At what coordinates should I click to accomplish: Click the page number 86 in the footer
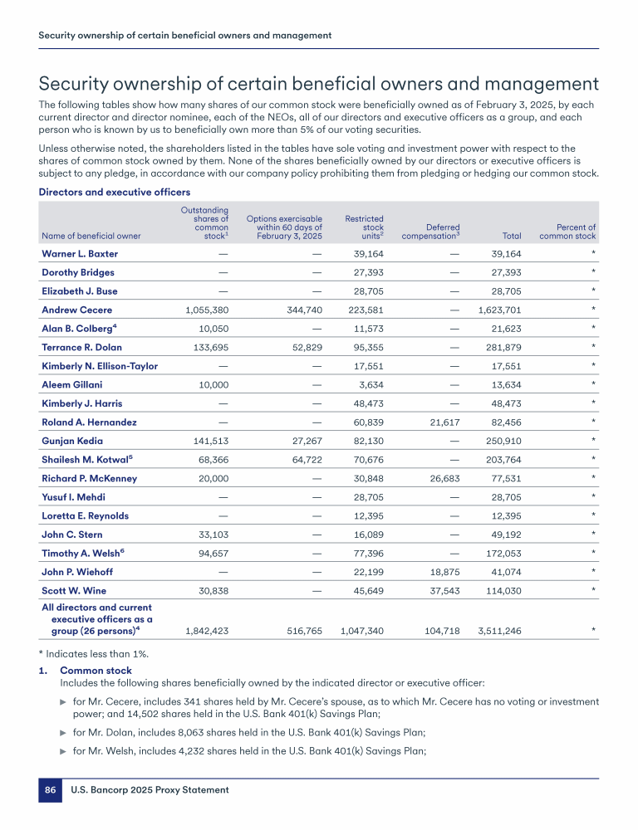click(51, 790)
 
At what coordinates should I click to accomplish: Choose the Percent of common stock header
click(567, 232)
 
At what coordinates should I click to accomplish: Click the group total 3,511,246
click(499, 631)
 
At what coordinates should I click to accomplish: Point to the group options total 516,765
click(300, 631)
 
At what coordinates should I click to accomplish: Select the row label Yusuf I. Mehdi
click(73, 497)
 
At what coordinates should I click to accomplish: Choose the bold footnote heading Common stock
click(96, 671)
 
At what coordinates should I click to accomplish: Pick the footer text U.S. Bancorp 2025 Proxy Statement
click(149, 790)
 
